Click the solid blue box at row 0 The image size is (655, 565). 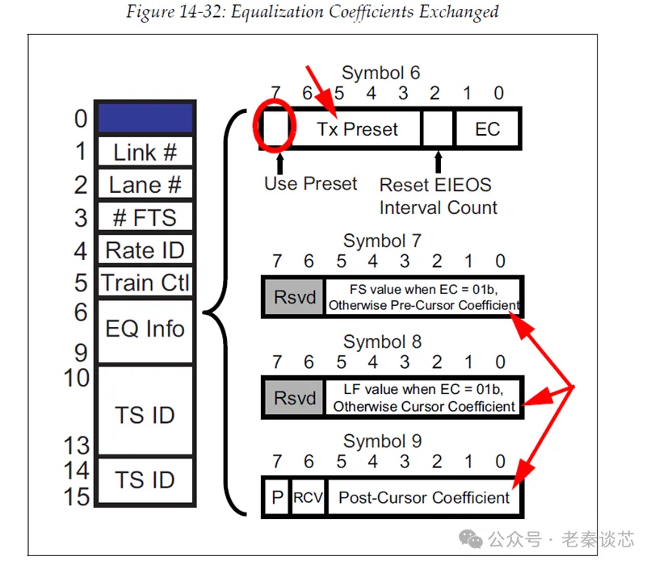click(145, 118)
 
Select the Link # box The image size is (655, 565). click(145, 152)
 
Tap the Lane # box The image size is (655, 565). click(145, 185)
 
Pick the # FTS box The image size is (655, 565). click(145, 218)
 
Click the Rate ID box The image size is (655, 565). click(145, 250)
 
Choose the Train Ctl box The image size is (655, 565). click(145, 283)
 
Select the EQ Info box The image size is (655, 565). click(145, 329)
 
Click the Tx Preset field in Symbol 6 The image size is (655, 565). click(356, 129)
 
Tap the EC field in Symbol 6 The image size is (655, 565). click(487, 129)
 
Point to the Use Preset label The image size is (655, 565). click(310, 184)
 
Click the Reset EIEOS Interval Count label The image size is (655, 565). click(438, 196)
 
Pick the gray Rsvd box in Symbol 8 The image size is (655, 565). click(292, 397)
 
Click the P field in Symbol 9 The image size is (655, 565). click(277, 497)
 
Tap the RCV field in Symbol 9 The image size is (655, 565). click(308, 497)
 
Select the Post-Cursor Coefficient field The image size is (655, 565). click(424, 497)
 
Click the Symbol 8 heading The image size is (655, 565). click(382, 341)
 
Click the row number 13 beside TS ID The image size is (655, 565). click(77, 443)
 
